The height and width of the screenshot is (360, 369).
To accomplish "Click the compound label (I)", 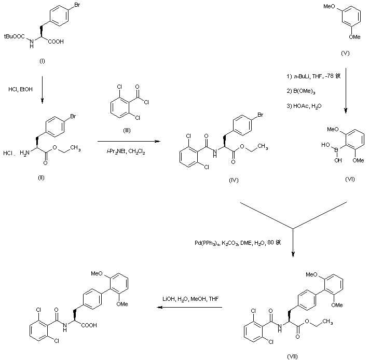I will [43, 61].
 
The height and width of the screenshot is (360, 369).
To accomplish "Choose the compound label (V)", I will [345, 53].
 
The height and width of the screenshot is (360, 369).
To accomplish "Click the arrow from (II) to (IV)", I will [128, 141].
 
